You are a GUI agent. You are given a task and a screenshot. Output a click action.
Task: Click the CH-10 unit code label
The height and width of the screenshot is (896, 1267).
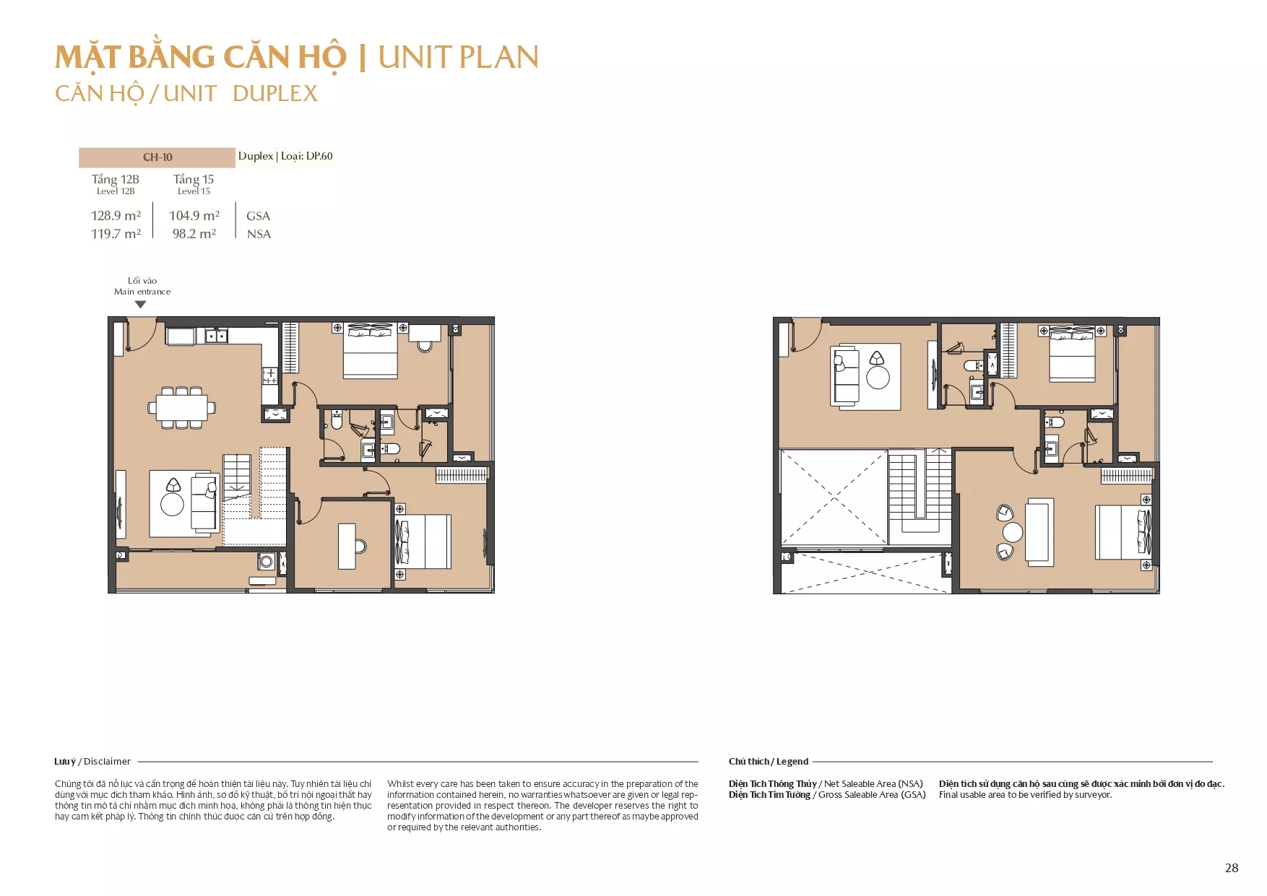(157, 157)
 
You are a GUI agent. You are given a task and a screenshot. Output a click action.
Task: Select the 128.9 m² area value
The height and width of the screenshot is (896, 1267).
(116, 215)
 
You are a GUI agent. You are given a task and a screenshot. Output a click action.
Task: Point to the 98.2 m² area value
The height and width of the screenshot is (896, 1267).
(194, 233)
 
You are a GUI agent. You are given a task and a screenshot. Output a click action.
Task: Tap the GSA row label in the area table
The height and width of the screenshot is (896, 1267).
(258, 216)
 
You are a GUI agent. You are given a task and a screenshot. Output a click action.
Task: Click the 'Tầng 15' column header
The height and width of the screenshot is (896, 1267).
(194, 179)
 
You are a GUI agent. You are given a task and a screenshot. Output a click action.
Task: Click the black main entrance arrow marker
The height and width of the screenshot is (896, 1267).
(141, 305)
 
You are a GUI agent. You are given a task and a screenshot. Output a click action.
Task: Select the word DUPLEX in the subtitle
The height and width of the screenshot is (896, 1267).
(275, 93)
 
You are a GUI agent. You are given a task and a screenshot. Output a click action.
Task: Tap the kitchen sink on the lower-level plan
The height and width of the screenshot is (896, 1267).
(216, 336)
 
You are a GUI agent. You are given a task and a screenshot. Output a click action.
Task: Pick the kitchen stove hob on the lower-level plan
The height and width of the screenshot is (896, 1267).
(269, 375)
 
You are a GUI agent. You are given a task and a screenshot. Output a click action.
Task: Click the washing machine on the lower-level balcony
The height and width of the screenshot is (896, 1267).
(266, 560)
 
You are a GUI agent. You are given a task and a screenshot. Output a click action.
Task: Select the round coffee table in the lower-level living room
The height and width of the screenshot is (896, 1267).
(172, 504)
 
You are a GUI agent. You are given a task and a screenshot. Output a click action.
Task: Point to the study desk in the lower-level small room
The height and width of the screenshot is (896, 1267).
(347, 546)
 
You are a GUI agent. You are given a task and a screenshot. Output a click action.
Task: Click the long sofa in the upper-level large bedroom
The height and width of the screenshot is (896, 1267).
(1039, 531)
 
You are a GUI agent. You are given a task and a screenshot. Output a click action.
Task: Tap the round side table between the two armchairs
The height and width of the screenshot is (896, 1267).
(1013, 533)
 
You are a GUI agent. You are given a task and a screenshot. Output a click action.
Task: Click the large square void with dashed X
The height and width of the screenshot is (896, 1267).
(834, 497)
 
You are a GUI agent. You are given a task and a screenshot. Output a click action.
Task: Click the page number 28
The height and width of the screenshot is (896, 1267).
(1232, 868)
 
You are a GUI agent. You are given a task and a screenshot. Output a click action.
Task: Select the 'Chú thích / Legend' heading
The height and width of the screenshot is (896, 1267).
(769, 761)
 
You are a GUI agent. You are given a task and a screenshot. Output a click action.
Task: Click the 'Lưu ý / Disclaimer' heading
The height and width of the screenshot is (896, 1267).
(92, 761)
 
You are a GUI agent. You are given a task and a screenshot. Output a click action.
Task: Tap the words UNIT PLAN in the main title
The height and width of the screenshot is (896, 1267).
(459, 58)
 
